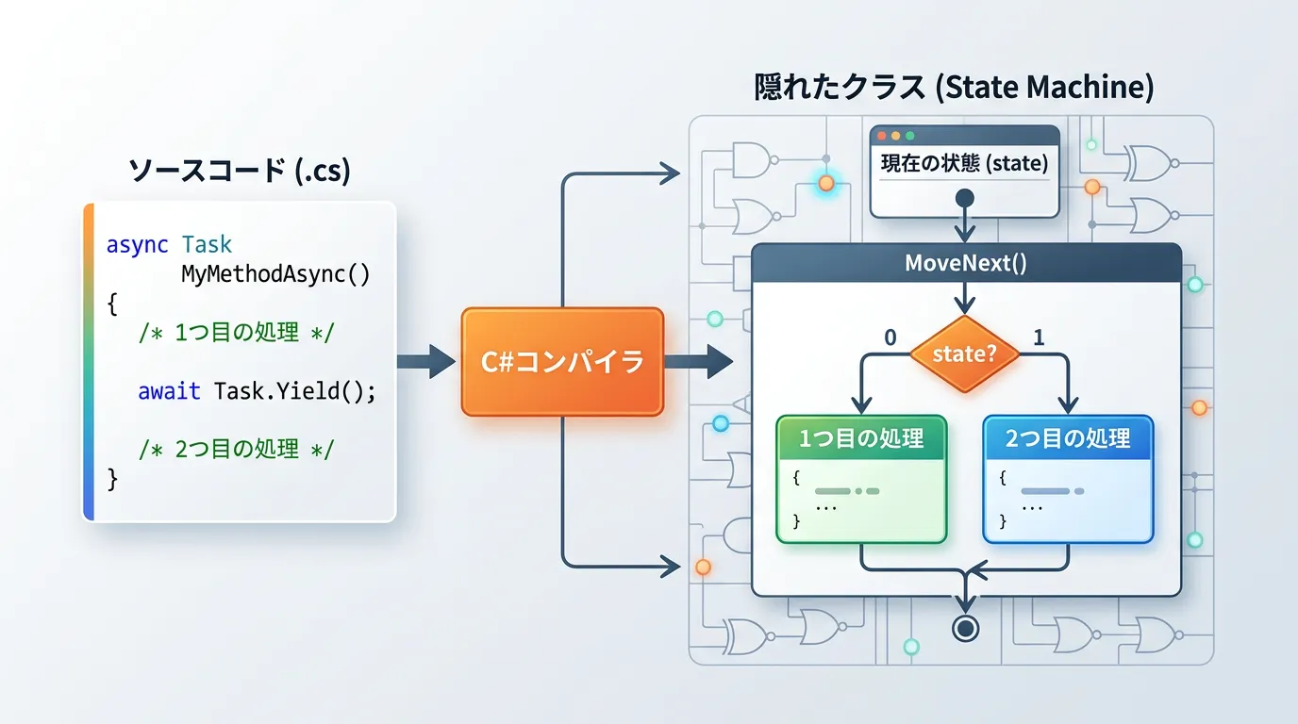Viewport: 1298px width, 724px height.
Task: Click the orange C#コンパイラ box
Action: (x=562, y=362)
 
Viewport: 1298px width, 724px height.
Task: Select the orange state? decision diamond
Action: (x=964, y=354)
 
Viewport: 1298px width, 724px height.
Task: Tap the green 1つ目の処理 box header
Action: (x=860, y=438)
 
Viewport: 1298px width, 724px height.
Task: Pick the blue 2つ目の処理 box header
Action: (x=1068, y=438)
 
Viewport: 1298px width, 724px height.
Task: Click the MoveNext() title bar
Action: (x=966, y=262)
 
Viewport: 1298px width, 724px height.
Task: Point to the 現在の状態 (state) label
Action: (x=964, y=163)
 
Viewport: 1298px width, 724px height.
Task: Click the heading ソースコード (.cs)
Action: (x=239, y=171)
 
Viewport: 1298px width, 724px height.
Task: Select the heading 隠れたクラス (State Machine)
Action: (x=954, y=88)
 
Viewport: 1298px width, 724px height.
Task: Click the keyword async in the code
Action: (x=137, y=245)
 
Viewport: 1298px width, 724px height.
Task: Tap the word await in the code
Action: (x=169, y=390)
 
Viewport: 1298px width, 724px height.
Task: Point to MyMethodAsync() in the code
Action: (x=275, y=274)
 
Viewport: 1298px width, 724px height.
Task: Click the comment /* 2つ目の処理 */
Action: (x=236, y=449)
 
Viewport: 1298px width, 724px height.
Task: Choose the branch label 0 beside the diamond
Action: (x=890, y=337)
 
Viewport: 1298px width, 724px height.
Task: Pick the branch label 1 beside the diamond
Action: (x=1039, y=337)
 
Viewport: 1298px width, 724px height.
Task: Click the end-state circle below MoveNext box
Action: (x=964, y=629)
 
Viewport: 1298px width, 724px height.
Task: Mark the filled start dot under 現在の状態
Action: (x=964, y=198)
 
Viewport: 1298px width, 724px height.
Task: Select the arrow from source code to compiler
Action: (x=426, y=362)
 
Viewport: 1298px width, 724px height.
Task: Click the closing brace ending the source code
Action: (x=113, y=479)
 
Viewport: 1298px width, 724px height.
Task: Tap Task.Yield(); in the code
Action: (x=294, y=390)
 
